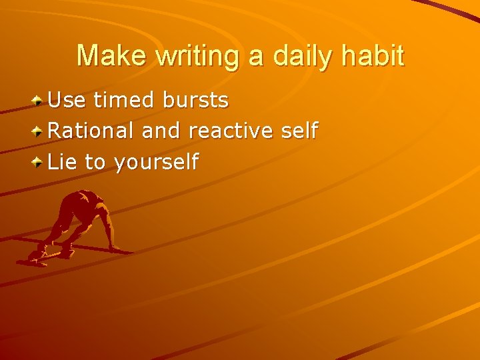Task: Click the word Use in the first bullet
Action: tap(67, 101)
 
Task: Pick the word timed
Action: tap(123, 101)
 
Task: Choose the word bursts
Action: tap(195, 101)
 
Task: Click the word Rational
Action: tap(91, 131)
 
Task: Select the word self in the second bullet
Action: tap(299, 131)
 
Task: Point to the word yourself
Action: tap(157, 162)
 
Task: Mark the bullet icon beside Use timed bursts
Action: tap(39, 101)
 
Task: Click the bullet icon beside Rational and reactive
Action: tap(39, 131)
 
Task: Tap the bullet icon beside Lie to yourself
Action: tap(39, 161)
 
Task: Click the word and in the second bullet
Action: tap(161, 131)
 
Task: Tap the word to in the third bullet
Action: tap(95, 161)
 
